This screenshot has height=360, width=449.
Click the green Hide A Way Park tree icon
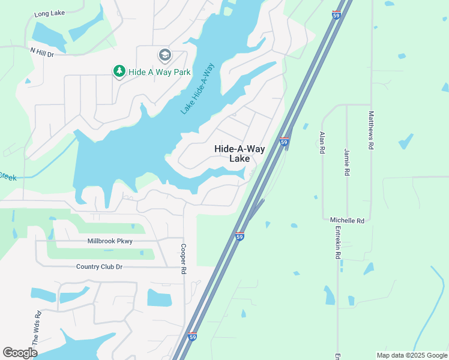119,72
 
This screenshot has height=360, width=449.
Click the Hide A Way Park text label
159,72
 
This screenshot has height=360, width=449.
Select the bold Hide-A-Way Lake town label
240,154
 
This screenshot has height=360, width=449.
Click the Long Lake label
49,13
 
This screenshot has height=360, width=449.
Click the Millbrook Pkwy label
110,241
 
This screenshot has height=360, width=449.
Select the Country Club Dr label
99,266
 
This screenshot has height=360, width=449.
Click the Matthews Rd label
372,130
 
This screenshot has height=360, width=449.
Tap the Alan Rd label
322,143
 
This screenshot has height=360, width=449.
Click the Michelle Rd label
347,221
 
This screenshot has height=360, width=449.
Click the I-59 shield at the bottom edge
192,337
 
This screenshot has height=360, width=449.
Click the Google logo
20,353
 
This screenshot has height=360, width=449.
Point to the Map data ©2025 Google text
411,355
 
